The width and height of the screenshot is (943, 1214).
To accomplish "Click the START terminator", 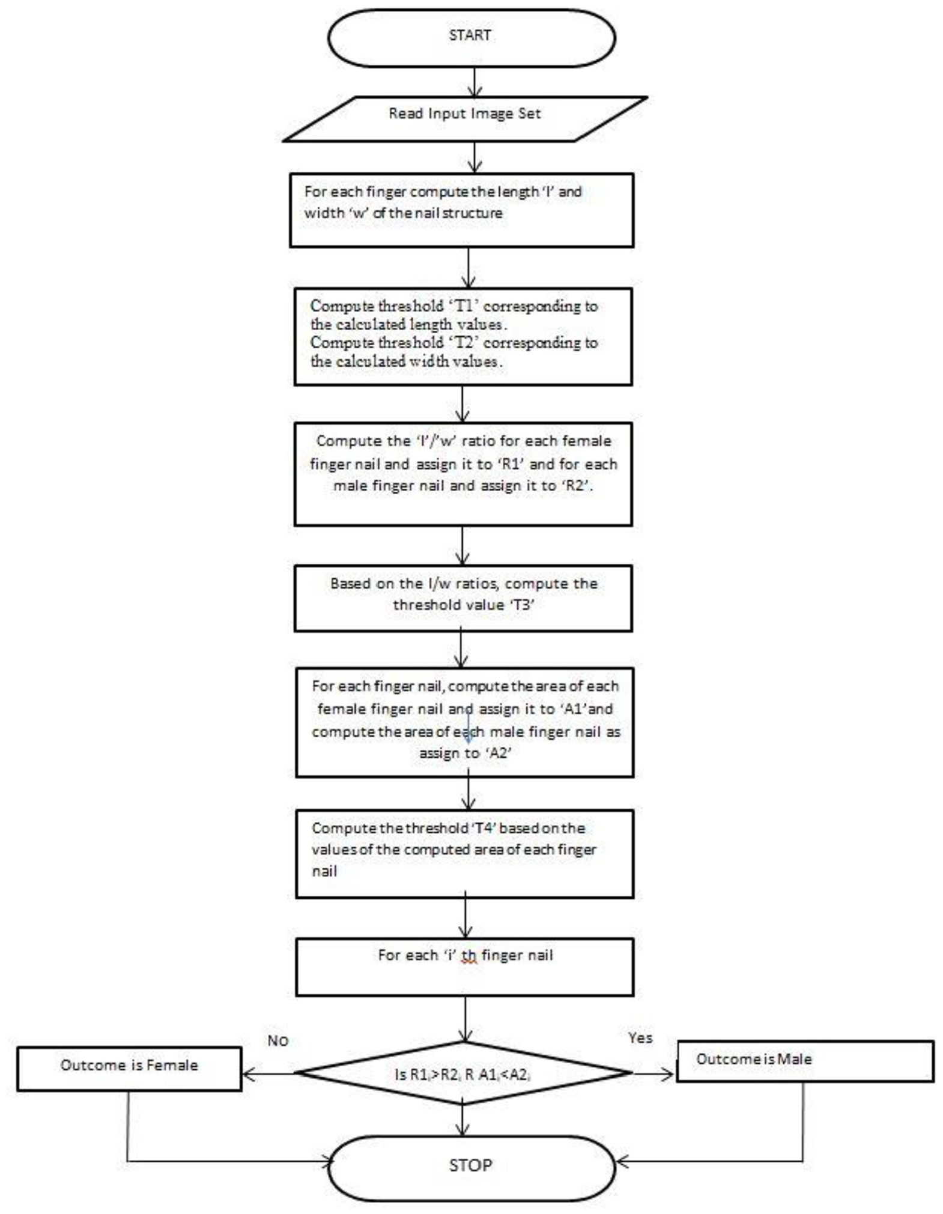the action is [471, 37].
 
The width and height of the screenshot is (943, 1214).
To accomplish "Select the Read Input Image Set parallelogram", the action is [465, 119].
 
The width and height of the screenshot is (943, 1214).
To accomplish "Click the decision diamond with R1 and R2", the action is [463, 1073].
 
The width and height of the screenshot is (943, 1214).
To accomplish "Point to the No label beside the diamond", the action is [277, 1040].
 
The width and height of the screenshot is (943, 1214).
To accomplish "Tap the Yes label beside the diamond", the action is [640, 1037].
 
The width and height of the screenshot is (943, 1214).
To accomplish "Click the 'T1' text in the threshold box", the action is [462, 306].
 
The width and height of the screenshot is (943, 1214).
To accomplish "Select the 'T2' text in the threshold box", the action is [462, 343].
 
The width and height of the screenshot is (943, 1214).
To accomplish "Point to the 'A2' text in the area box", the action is [497, 753].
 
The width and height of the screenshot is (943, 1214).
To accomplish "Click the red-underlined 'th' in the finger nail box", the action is [469, 956].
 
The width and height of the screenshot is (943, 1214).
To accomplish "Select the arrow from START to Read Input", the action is [475, 82].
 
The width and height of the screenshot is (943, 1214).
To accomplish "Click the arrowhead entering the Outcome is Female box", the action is [248, 1073].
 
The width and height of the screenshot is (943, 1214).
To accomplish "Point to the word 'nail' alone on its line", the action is [324, 871].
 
